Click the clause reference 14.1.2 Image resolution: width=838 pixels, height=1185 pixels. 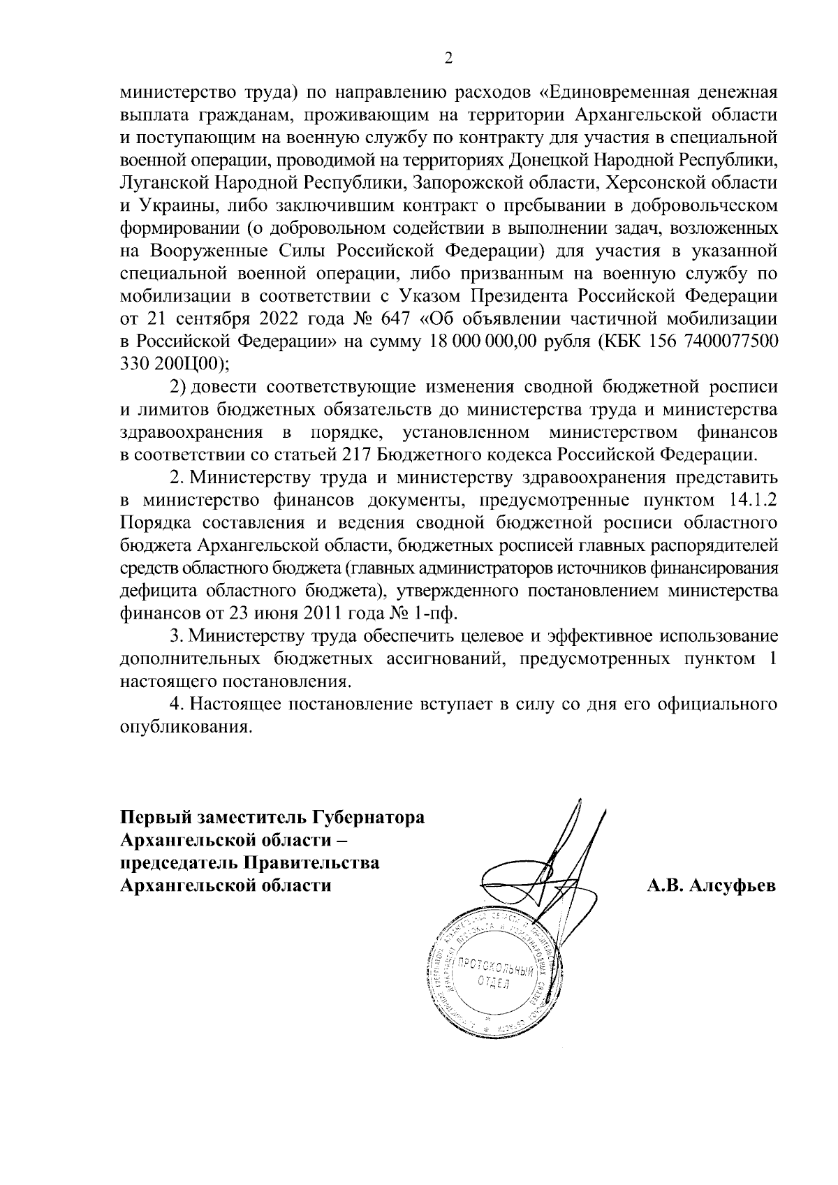click(754, 500)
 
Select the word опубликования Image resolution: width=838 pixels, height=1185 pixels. click(185, 727)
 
